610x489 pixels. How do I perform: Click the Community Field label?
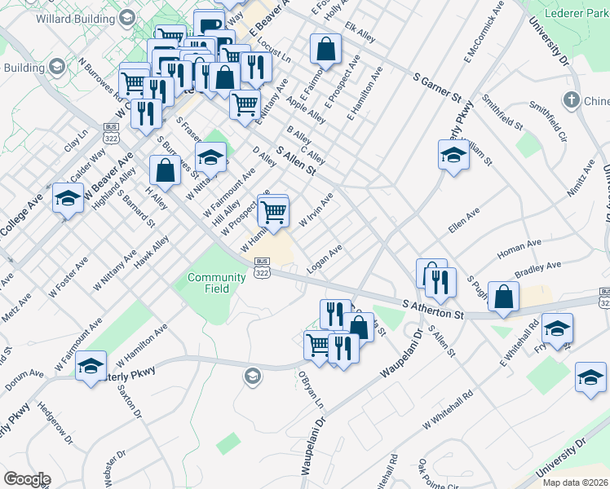point(216,283)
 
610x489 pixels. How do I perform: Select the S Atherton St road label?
point(433,308)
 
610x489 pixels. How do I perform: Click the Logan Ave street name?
point(324,258)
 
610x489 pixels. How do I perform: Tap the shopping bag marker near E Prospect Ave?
point(325,49)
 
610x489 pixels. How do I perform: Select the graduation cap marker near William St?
point(453,156)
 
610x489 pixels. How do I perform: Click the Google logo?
point(26,479)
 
